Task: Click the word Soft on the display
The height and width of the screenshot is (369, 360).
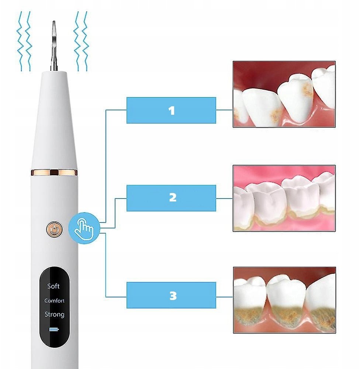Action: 53,286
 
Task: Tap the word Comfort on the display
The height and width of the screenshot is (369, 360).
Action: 54,300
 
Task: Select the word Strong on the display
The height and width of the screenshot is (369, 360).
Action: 54,314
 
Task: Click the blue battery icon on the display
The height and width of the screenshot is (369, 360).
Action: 54,329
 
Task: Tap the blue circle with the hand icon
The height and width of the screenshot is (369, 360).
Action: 84,228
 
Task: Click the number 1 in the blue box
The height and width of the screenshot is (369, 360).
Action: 172,111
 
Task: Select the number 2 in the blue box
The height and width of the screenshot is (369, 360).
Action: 173,197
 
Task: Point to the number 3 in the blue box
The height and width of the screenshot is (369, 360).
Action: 173,296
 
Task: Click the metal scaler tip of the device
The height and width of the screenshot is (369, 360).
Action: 54,46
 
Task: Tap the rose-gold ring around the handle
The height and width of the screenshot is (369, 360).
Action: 54,172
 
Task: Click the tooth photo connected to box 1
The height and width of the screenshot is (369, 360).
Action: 284,94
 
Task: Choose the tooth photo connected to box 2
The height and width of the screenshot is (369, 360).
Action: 284,198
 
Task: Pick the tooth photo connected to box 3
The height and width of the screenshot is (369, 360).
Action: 284,300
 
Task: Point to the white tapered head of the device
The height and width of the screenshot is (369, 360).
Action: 54,120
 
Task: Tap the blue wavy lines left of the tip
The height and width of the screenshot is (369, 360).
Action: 24,41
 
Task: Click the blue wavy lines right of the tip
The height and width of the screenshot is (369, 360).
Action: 81,41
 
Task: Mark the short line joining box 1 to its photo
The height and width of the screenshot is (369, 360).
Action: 224,110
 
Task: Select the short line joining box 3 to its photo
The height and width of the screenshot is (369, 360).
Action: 225,297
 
